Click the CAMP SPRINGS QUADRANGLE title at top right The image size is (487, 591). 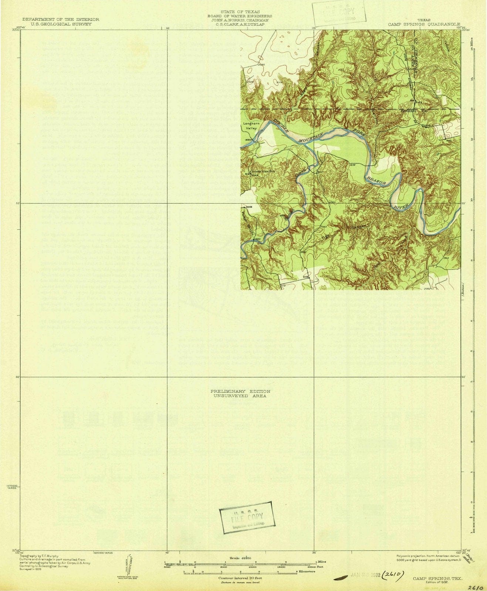(x=424, y=24)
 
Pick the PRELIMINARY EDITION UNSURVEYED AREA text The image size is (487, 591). (x=240, y=393)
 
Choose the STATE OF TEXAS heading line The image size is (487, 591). (x=240, y=12)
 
